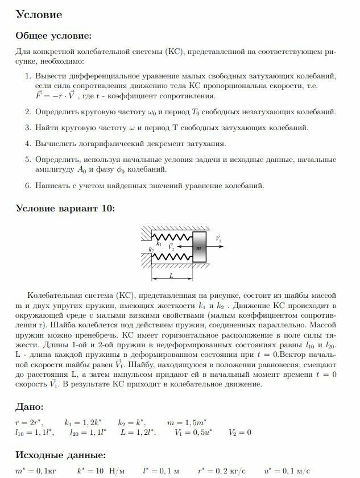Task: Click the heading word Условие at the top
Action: click(x=39, y=14)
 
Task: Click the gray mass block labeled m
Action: click(x=199, y=247)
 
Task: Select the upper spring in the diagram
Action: click(x=173, y=236)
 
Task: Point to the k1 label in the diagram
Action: click(x=159, y=244)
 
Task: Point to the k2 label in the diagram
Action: click(x=151, y=250)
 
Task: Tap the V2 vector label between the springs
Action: click(x=172, y=247)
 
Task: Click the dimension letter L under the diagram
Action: click(x=172, y=274)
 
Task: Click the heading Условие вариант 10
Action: click(x=65, y=209)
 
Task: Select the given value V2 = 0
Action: click(x=241, y=433)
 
